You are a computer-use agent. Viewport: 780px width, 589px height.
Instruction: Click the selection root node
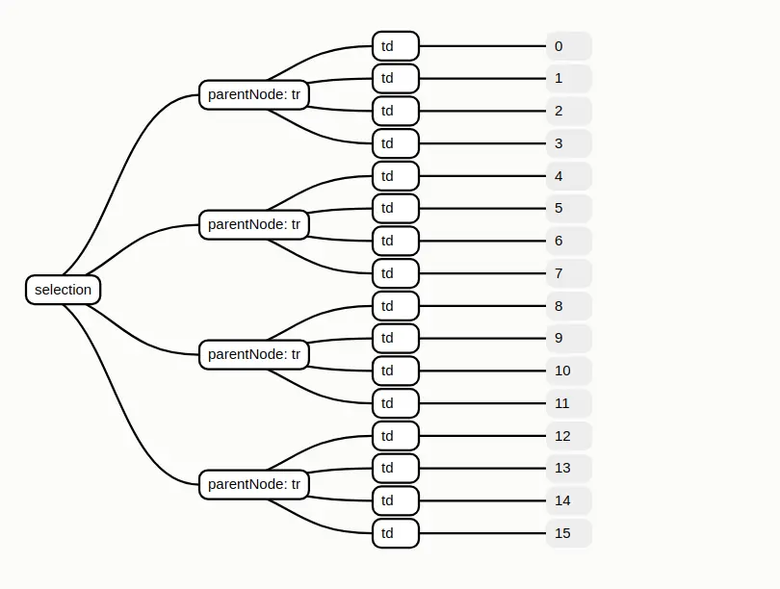64,290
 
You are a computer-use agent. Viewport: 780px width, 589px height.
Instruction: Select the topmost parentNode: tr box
253,94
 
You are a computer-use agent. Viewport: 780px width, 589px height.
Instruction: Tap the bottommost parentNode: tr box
253,484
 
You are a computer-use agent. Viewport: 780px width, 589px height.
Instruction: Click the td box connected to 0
396,46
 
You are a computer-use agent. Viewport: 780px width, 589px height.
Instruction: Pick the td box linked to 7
396,273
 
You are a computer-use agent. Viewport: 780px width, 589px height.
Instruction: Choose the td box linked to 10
396,371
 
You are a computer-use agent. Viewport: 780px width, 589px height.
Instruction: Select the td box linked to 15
396,533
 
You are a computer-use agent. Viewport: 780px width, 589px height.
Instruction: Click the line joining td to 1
482,79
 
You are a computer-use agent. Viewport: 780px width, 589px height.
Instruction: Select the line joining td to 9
482,339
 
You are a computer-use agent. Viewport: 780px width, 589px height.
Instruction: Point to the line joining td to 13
482,469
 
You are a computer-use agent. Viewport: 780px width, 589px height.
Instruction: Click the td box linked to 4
396,176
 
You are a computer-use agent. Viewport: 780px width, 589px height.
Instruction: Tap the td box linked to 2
396,111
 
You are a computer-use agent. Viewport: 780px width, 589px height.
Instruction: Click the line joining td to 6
482,241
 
